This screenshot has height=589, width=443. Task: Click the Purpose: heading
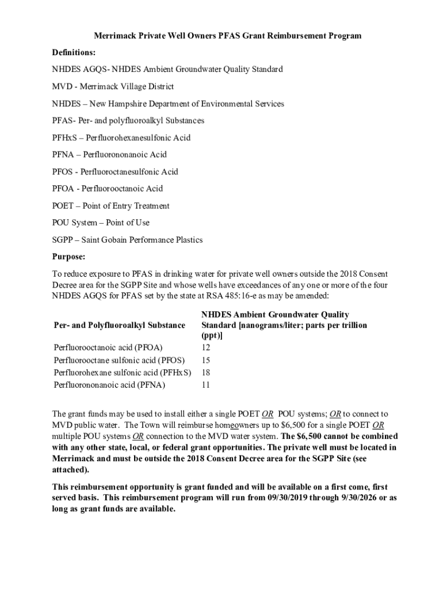[x=68, y=257]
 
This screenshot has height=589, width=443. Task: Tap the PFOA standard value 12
[x=206, y=347]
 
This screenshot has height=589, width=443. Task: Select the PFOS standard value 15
[x=206, y=360]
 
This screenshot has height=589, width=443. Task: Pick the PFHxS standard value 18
[x=206, y=373]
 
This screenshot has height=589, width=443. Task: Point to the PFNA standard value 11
[x=206, y=385]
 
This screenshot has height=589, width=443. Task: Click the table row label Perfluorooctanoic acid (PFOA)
[x=108, y=347]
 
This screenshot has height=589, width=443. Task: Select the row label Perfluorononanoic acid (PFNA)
[x=109, y=385]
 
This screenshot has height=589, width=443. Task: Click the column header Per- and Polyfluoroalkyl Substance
[x=119, y=325]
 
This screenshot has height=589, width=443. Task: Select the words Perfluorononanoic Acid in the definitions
[x=125, y=154]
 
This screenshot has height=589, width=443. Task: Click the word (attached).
[x=71, y=469]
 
